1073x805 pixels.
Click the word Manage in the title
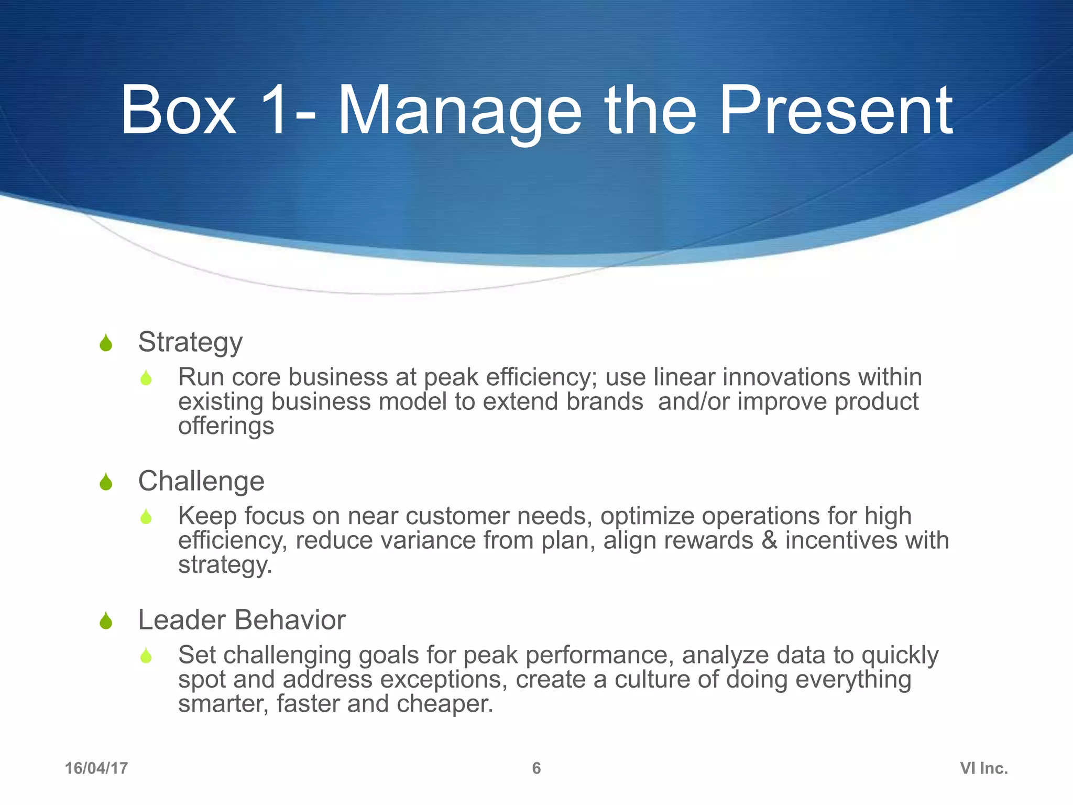tap(459, 111)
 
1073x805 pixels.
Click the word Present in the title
tap(836, 111)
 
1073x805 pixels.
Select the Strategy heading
tap(190, 342)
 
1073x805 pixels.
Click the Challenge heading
tap(201, 481)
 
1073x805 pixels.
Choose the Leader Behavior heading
tap(242, 620)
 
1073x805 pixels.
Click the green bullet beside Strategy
tap(106, 343)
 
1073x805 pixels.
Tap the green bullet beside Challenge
tap(106, 482)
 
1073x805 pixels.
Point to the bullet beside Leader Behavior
tap(106, 621)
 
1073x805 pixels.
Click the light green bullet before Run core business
tap(146, 378)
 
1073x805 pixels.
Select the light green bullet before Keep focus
tap(146, 517)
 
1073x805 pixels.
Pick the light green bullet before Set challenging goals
tap(146, 656)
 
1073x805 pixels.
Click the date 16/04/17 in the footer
tap(96, 768)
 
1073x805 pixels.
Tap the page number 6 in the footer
tap(536, 768)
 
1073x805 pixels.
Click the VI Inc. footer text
tap(984, 768)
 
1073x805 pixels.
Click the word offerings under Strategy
tap(226, 426)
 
